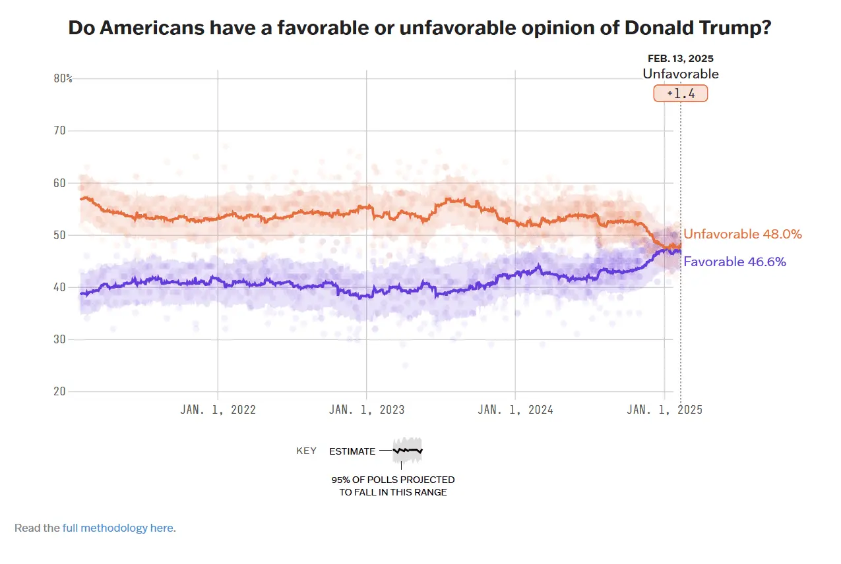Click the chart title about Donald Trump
[420, 28]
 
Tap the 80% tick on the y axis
[63, 78]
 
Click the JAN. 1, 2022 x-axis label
[218, 409]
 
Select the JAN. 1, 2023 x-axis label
[367, 409]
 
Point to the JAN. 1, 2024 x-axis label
[515, 409]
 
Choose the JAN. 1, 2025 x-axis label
[664, 409]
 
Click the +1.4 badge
[681, 94]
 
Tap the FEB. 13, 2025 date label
[681, 59]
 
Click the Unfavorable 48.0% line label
[743, 234]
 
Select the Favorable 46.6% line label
[735, 262]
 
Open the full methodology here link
[119, 528]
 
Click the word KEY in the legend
[306, 451]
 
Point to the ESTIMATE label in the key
[352, 451]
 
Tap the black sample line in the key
[408, 451]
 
